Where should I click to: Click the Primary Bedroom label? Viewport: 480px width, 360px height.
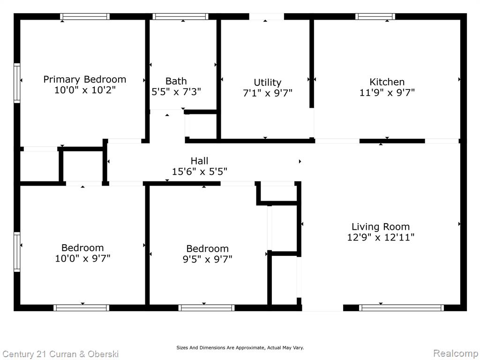click(x=85, y=80)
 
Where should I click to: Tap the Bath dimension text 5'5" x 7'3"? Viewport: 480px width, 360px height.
click(x=176, y=91)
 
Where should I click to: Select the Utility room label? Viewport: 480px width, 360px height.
click(x=268, y=82)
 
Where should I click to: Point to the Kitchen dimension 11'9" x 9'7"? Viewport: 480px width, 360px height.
click(x=387, y=92)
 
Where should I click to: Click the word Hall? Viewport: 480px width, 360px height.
click(x=199, y=161)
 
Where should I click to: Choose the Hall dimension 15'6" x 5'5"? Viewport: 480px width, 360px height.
click(x=200, y=172)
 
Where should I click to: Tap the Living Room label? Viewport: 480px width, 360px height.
click(x=381, y=227)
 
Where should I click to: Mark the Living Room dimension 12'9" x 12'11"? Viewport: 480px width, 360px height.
click(x=381, y=237)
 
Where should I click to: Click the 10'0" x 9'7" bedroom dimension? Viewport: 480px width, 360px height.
click(x=82, y=258)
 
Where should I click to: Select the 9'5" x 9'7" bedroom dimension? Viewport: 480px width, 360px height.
click(x=208, y=259)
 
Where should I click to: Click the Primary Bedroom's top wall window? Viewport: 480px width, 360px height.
click(x=85, y=16)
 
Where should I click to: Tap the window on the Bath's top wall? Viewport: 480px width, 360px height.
click(x=180, y=16)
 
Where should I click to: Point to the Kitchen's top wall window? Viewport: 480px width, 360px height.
click(x=375, y=16)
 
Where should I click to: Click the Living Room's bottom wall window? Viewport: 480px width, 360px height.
click(x=401, y=307)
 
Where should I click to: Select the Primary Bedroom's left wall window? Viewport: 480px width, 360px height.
click(x=17, y=83)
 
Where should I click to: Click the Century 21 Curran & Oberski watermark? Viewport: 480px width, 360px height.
click(x=60, y=354)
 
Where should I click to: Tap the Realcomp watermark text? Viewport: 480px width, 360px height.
click(x=456, y=353)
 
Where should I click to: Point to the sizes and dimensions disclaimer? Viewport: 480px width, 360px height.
click(x=240, y=348)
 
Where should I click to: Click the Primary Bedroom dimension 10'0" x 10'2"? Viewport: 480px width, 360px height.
click(x=85, y=90)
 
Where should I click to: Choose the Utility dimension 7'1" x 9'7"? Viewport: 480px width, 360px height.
click(x=268, y=93)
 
